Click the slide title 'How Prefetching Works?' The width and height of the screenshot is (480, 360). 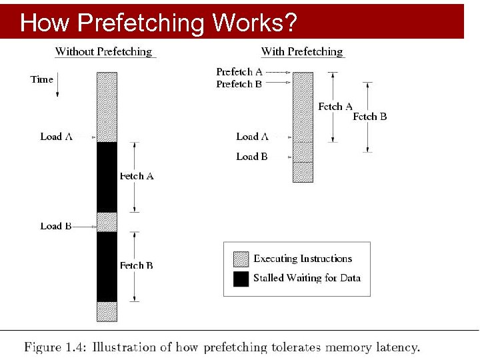[x=158, y=23]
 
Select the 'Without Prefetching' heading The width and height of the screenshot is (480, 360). [x=103, y=51]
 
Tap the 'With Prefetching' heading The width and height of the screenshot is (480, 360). [x=302, y=51]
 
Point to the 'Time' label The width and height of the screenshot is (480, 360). [x=42, y=79]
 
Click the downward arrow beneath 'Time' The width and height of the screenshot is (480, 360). [x=57, y=89]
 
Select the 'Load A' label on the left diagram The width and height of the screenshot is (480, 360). [x=56, y=137]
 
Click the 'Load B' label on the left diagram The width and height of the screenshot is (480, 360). [x=56, y=226]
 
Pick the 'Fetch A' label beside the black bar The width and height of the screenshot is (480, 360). [x=137, y=176]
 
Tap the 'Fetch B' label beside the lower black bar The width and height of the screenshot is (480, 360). [x=137, y=265]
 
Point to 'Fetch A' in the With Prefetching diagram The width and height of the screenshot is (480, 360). [x=335, y=107]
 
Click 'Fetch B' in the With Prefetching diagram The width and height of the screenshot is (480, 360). [x=370, y=117]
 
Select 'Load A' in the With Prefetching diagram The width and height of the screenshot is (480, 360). [x=252, y=137]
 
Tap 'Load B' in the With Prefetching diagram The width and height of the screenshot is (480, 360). [x=252, y=157]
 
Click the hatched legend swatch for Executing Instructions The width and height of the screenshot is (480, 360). [x=241, y=259]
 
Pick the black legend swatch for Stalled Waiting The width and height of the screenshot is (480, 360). [x=241, y=278]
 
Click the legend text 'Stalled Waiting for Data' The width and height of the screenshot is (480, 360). [x=307, y=278]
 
